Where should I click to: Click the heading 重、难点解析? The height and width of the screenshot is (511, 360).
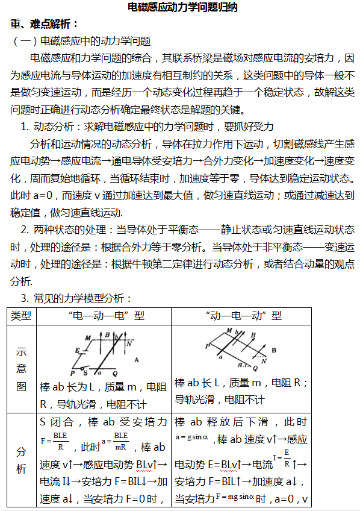(x=45, y=24)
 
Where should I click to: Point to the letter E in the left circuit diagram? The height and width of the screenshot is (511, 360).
(x=77, y=350)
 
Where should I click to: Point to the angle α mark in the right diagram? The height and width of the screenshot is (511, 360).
(x=243, y=365)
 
